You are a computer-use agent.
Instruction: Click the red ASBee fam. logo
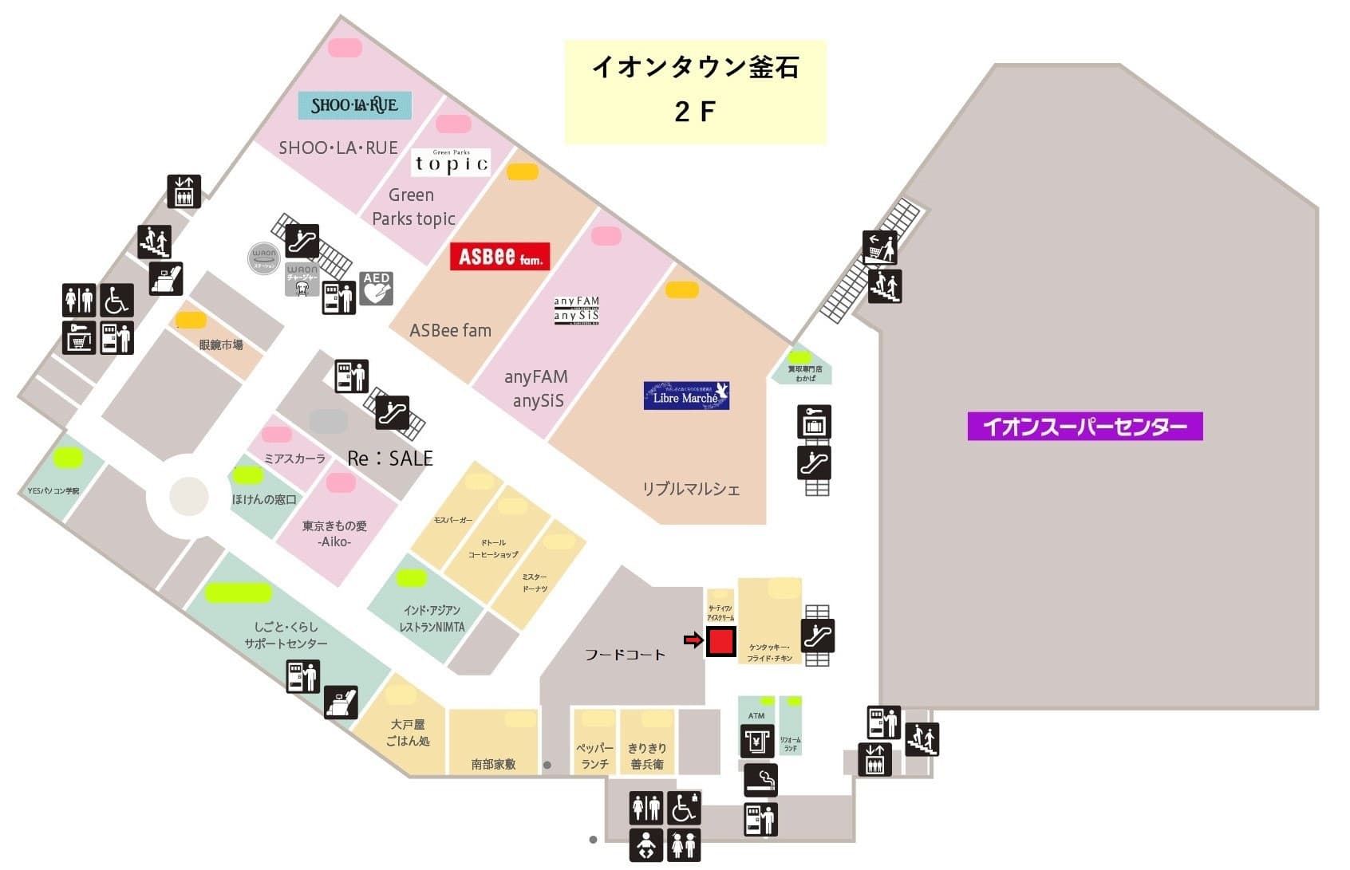point(499,256)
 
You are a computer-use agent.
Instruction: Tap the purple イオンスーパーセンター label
point(1084,426)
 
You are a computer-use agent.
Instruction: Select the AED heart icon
point(376,288)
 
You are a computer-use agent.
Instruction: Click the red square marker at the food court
point(720,641)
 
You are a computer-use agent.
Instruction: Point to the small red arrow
point(693,640)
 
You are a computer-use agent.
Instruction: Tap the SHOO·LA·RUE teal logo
point(354,105)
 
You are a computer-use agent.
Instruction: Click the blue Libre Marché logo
point(686,396)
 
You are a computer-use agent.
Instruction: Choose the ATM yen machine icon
point(756,741)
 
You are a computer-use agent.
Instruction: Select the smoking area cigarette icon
point(760,779)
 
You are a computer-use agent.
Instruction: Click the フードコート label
point(625,655)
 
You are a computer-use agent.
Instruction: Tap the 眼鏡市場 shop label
point(220,344)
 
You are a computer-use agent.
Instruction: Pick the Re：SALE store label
point(390,459)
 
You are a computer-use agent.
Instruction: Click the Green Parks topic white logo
point(451,163)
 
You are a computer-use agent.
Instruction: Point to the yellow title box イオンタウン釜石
point(695,92)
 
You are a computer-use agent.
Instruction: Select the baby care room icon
point(646,844)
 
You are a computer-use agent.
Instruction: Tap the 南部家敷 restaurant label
point(493,764)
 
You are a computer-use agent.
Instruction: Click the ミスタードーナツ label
point(535,582)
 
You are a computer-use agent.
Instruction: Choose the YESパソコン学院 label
point(53,490)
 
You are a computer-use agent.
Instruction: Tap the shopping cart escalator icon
point(879,247)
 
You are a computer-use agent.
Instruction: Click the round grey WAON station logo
point(263,257)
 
